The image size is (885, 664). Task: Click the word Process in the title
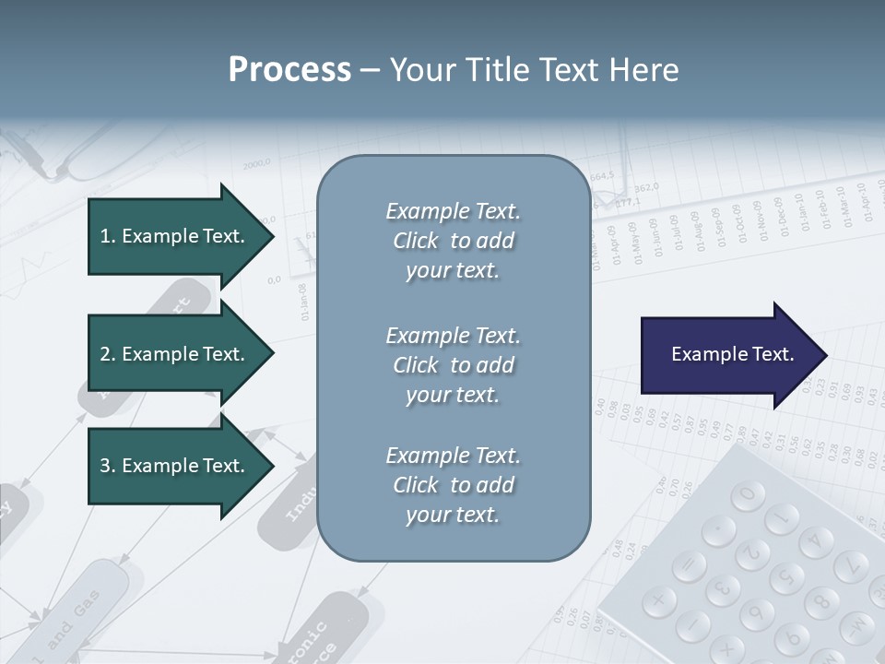289,70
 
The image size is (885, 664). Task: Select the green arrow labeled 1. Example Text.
175,236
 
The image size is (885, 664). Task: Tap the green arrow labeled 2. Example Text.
175,354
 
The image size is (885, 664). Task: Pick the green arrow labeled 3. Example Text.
175,466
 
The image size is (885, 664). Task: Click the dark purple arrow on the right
728,355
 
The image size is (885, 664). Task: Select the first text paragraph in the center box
453,241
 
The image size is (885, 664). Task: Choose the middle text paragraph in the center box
453,365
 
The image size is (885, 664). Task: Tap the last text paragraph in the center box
453,485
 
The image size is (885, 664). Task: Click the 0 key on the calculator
748,495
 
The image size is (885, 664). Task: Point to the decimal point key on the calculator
718,530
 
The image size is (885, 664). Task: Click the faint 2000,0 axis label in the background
257,164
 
